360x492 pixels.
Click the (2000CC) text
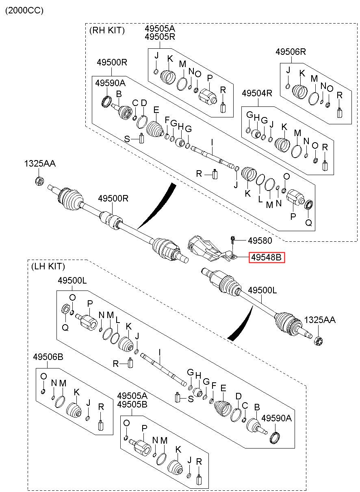pos(24,11)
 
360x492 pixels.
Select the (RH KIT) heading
pos(107,30)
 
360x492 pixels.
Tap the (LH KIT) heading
pos(48,266)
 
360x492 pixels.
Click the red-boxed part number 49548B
pos(267,258)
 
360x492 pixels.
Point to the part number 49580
pos(260,241)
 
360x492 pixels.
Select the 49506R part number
pos(291,52)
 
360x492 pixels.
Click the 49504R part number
pos(257,93)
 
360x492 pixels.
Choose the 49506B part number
pos(48,357)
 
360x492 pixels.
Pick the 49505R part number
pos(160,37)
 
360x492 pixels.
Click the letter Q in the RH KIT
pos(309,223)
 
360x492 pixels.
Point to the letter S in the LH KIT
pos(191,399)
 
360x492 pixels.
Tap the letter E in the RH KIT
pos(156,110)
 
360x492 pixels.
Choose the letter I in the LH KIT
pos(160,353)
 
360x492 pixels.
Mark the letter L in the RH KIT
pos(260,199)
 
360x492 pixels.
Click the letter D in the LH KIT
pos(239,396)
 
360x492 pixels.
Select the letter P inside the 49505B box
pos(144,428)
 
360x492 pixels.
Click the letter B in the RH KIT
pos(119,94)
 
